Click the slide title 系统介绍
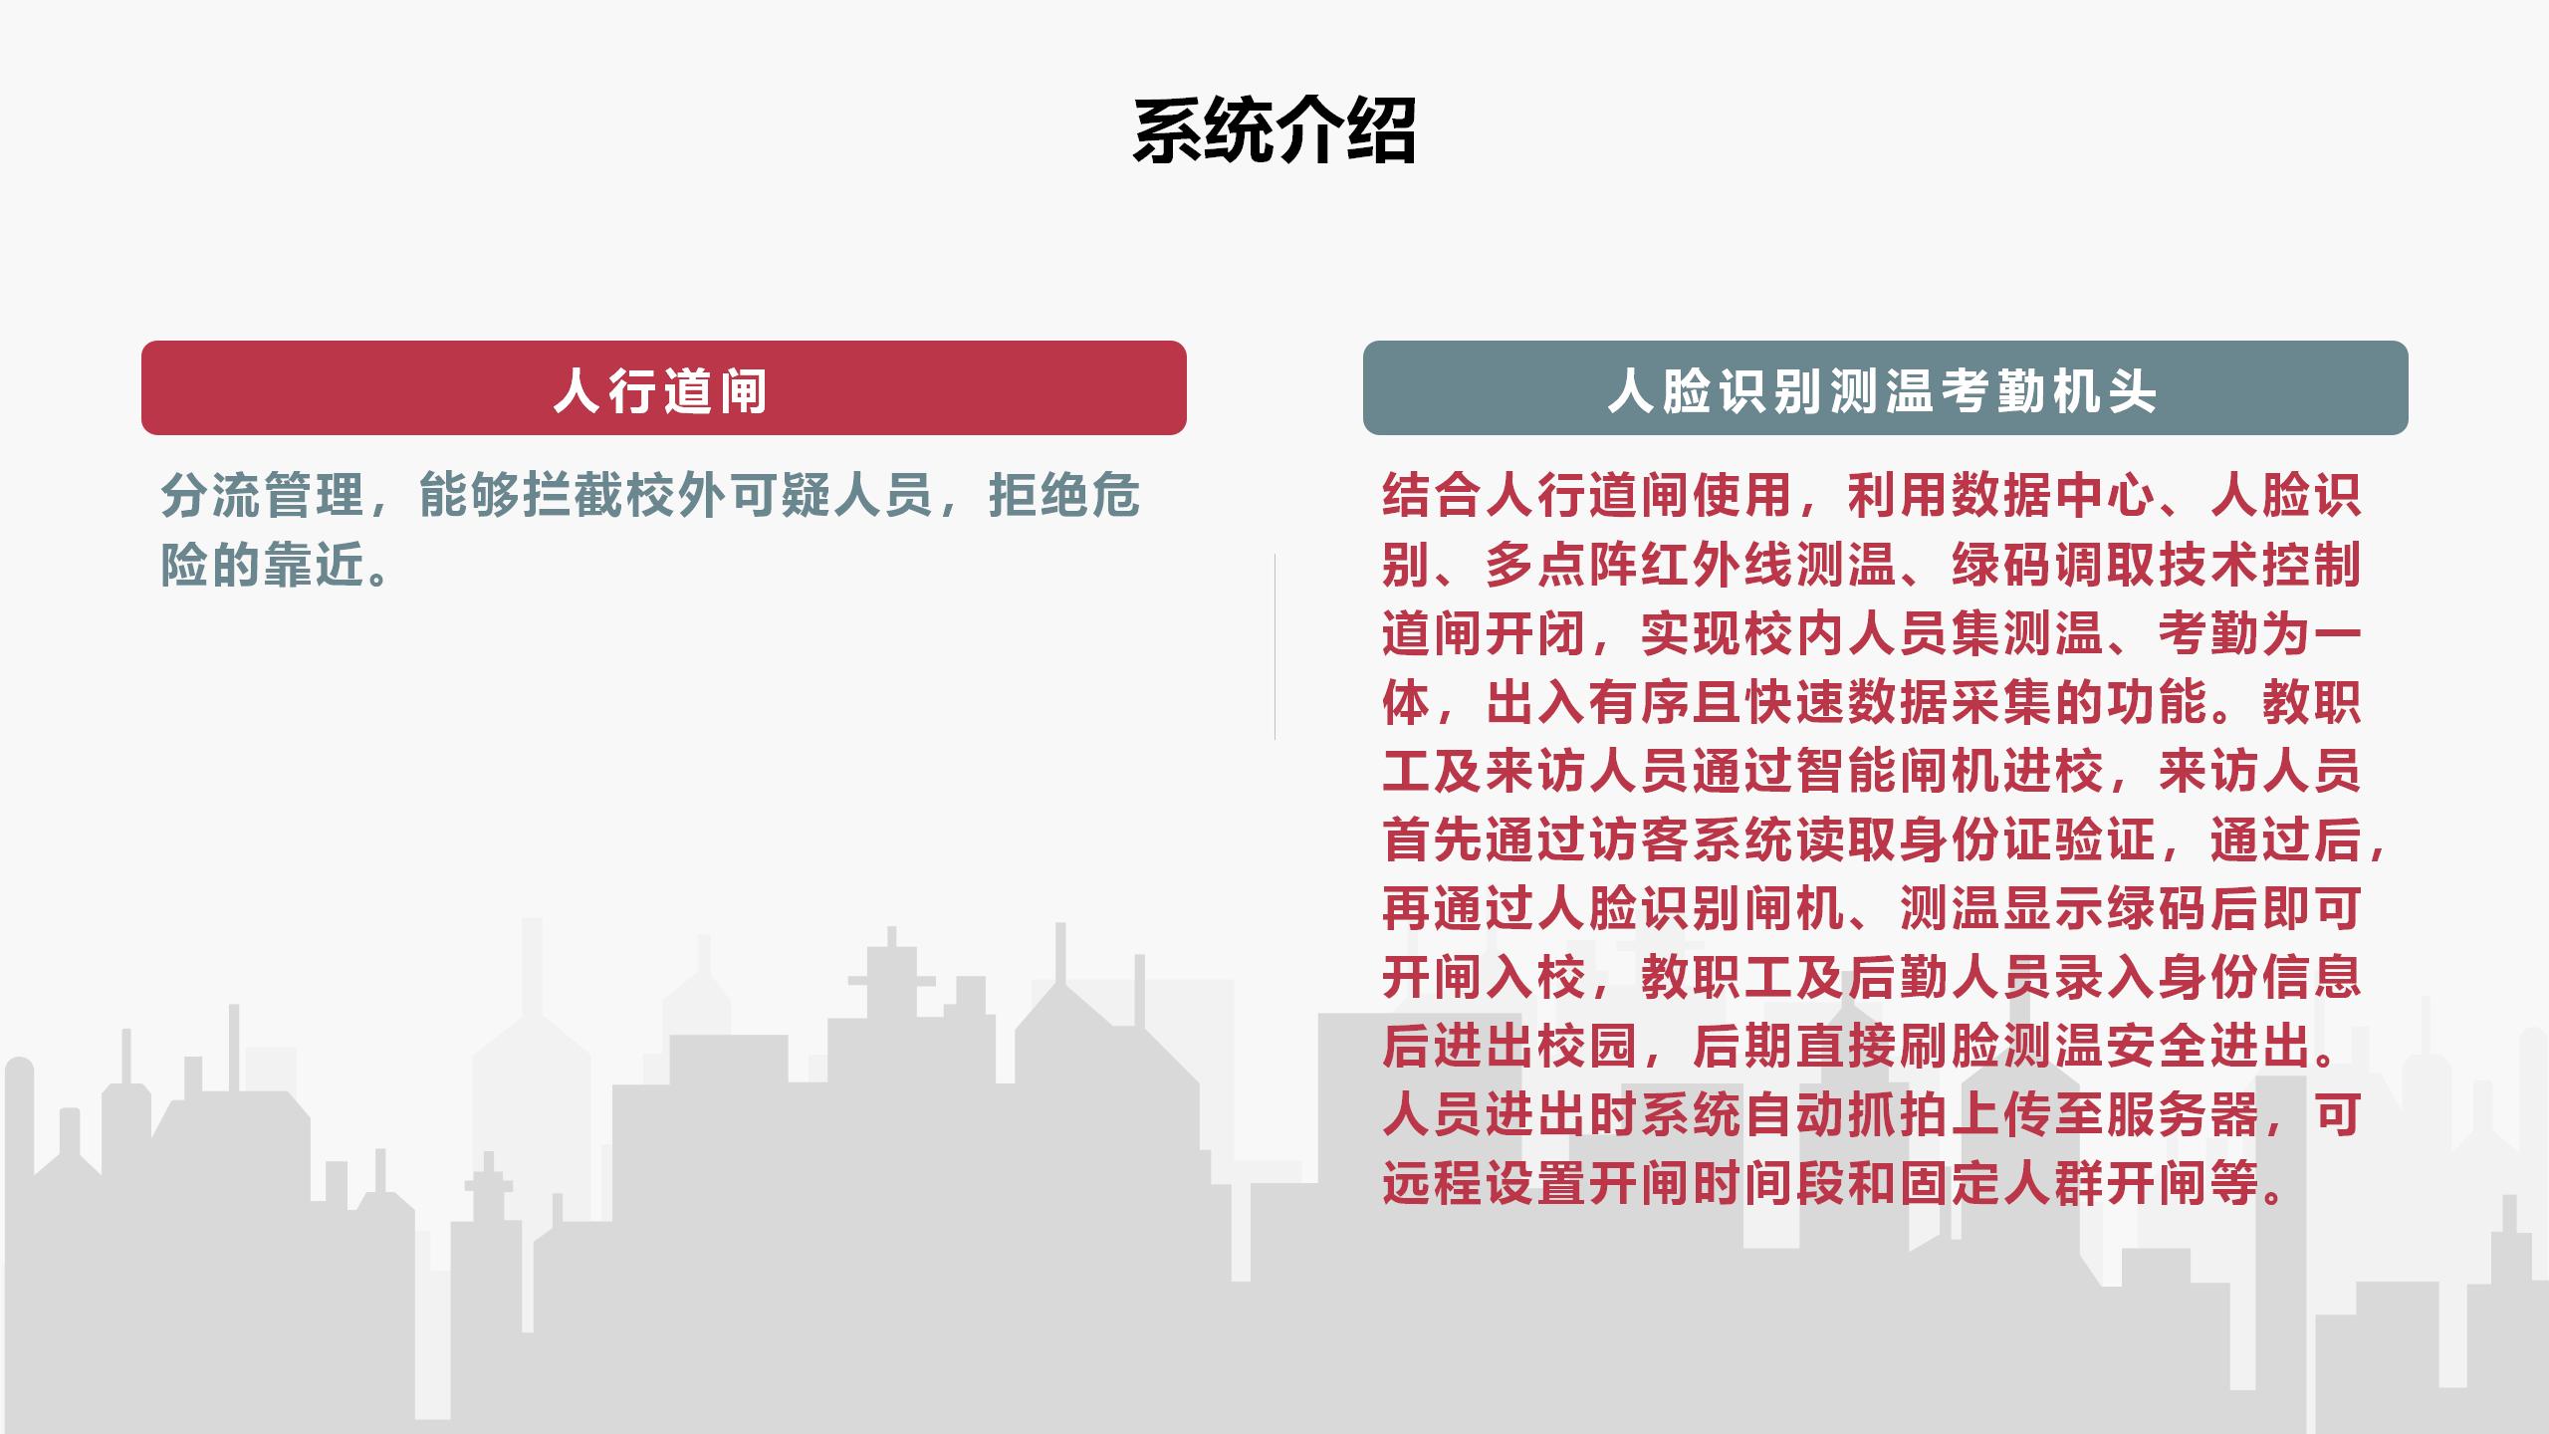1274,130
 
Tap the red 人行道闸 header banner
664,387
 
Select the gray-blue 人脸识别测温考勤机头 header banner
1886,387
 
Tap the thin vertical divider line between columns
1274,646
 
